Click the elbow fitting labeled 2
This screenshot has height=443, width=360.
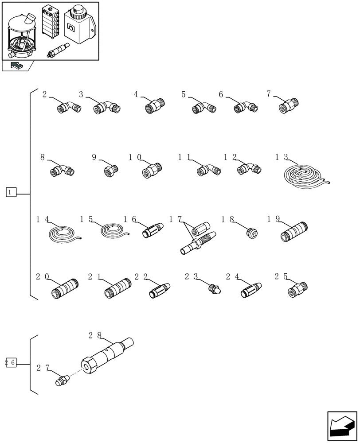69,107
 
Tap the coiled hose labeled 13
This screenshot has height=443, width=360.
305,176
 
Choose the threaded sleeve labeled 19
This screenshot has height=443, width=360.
294,232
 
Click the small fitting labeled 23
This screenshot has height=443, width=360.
215,289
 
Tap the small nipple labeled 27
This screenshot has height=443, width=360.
63,380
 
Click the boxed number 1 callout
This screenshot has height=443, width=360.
11,192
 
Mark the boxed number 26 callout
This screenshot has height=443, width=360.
11,362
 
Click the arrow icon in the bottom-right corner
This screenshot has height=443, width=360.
342,426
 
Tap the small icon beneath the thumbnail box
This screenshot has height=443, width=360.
17,66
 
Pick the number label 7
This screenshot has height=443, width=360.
269,93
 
